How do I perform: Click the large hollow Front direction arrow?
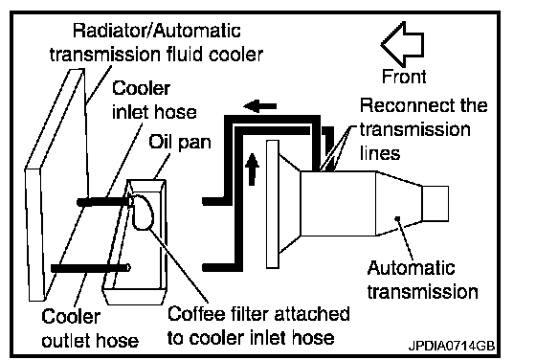coord(403,44)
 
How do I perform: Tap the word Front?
coord(404,77)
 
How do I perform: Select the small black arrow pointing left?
coord(259,105)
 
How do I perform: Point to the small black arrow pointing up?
coord(252,169)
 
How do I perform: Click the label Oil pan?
coord(180,142)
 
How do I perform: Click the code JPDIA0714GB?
coord(452,346)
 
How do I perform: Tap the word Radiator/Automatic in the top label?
coord(157,31)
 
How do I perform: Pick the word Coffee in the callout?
coord(196,313)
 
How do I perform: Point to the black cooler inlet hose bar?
coord(104,202)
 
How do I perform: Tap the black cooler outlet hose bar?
coord(90,268)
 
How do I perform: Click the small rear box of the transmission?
coord(435,203)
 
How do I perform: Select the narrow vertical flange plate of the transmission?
coord(273,204)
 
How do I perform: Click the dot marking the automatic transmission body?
coord(397,218)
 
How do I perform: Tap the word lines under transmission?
coord(380,153)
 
